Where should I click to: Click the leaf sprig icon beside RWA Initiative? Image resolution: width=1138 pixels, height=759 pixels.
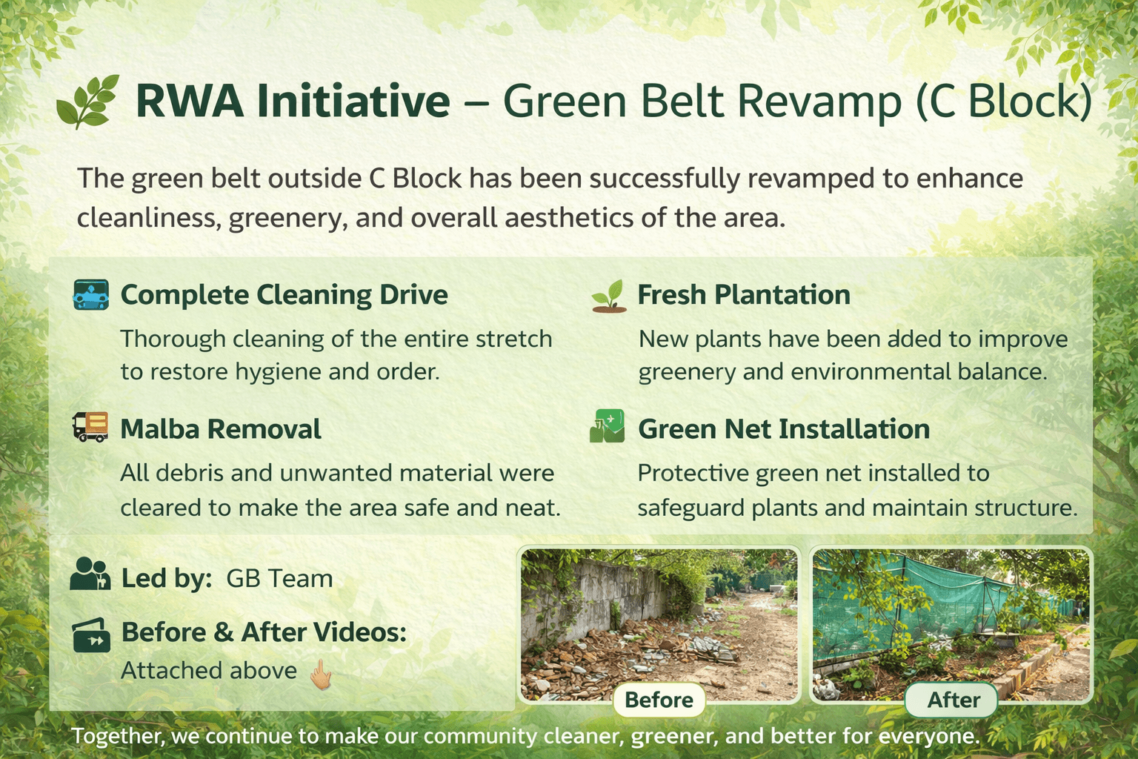(x=87, y=102)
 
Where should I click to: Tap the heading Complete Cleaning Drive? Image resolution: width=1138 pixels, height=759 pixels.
(x=284, y=295)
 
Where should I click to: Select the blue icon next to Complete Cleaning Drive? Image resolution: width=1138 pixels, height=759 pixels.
(x=91, y=294)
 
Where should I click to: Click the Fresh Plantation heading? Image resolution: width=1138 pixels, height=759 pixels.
(x=743, y=295)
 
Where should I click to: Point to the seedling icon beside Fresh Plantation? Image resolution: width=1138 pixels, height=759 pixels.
(x=609, y=296)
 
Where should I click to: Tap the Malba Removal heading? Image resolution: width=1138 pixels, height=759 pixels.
(x=220, y=429)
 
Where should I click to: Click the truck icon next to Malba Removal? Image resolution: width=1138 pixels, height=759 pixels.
(x=90, y=428)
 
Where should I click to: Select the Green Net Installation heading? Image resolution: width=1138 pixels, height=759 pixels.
(x=783, y=429)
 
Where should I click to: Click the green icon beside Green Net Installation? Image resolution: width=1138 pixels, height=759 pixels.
(x=607, y=426)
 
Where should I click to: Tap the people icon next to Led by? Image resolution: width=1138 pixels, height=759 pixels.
(x=90, y=574)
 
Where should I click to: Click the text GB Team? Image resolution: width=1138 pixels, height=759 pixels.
(x=279, y=578)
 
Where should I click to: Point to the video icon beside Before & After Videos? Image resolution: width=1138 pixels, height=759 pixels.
(x=91, y=635)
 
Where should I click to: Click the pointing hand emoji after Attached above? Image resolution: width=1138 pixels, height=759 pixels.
(x=321, y=674)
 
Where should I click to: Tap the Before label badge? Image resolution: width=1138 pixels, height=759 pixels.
(x=659, y=700)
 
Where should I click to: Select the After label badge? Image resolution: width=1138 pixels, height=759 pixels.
(x=953, y=700)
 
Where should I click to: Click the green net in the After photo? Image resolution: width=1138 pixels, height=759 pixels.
(x=911, y=600)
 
